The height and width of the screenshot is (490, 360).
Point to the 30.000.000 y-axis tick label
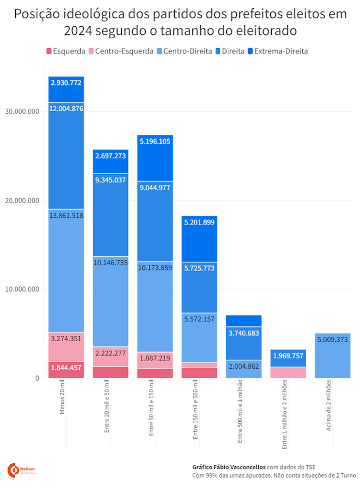point(20,111)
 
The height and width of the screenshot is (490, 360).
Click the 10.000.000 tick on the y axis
point(20,289)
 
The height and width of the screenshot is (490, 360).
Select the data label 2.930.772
point(66,83)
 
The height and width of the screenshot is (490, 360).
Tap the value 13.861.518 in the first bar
point(66,216)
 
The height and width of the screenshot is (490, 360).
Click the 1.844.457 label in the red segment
point(66,367)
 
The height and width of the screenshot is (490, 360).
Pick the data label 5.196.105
point(155,141)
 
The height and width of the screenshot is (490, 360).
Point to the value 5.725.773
point(199,268)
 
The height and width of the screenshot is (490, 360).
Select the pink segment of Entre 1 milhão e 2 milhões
point(288,372)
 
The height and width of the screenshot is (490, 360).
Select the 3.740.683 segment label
point(244,334)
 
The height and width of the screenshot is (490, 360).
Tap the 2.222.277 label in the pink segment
point(110,354)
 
